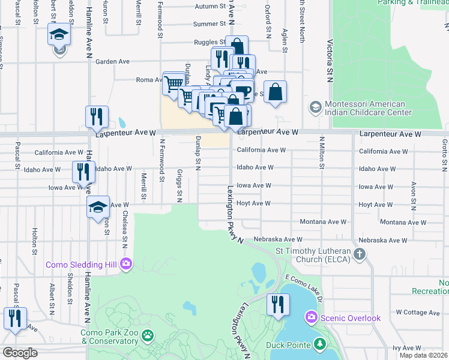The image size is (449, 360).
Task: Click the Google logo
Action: coord(20,353)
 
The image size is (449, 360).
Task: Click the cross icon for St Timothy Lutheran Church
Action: coord(360,254)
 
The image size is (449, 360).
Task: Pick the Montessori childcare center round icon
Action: coord(315,108)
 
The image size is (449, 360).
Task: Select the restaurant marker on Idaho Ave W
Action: coord(82,172)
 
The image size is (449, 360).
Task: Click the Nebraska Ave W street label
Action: coord(278,239)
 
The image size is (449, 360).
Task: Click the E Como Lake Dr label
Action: coord(304,287)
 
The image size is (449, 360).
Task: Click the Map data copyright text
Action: coord(423,355)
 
